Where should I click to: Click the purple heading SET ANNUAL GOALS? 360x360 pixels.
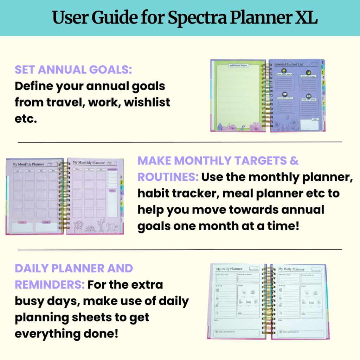click(73, 70)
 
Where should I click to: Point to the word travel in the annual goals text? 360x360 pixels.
click(66, 102)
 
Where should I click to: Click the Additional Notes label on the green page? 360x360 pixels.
click(238, 65)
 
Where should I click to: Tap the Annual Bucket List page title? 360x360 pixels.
click(289, 65)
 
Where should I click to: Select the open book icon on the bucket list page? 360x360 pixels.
click(308, 96)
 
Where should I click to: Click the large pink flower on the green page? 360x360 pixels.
click(255, 127)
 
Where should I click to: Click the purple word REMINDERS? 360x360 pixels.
click(49, 285)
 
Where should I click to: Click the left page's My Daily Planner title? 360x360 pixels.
click(229, 269)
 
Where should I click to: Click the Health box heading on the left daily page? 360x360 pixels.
click(241, 286)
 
